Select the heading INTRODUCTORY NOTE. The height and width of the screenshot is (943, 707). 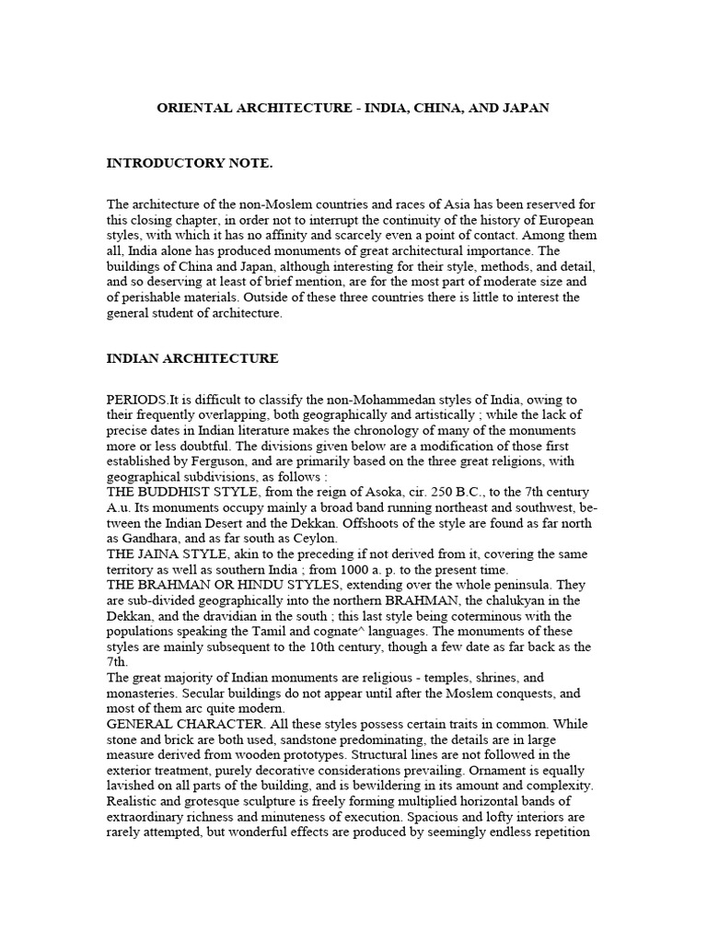click(190, 163)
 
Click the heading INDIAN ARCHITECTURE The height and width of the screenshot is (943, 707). click(192, 358)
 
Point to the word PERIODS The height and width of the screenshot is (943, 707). click(137, 399)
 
